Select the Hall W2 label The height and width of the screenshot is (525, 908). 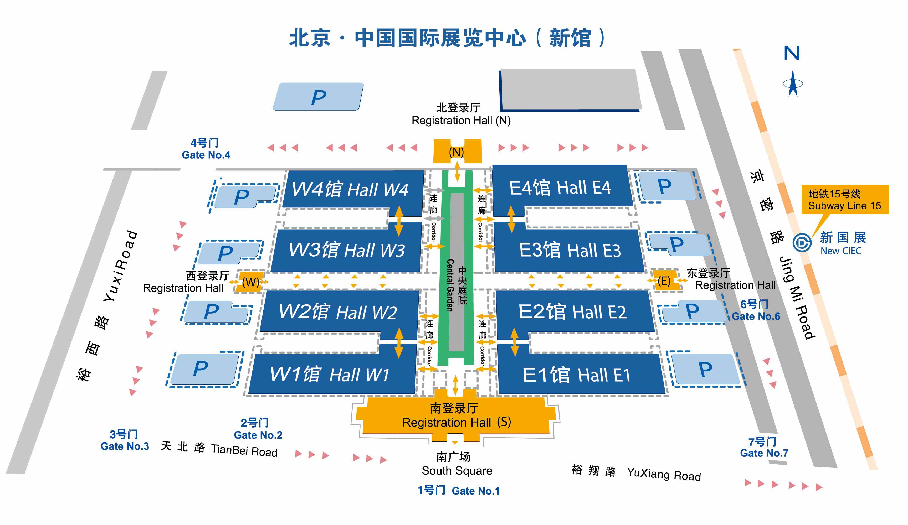(x=338, y=311)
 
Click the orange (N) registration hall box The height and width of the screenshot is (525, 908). (x=457, y=152)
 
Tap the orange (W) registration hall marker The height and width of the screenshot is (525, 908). (x=250, y=282)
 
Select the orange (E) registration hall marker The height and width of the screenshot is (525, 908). (x=664, y=280)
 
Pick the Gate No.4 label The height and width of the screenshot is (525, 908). (x=206, y=155)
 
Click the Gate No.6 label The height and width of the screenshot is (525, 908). (x=756, y=316)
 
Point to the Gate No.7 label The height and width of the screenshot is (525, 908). (x=764, y=453)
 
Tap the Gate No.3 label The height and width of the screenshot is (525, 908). (x=125, y=446)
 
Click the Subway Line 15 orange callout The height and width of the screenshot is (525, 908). (x=845, y=200)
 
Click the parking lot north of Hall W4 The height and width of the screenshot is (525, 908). (x=318, y=96)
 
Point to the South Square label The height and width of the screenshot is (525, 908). (x=457, y=470)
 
